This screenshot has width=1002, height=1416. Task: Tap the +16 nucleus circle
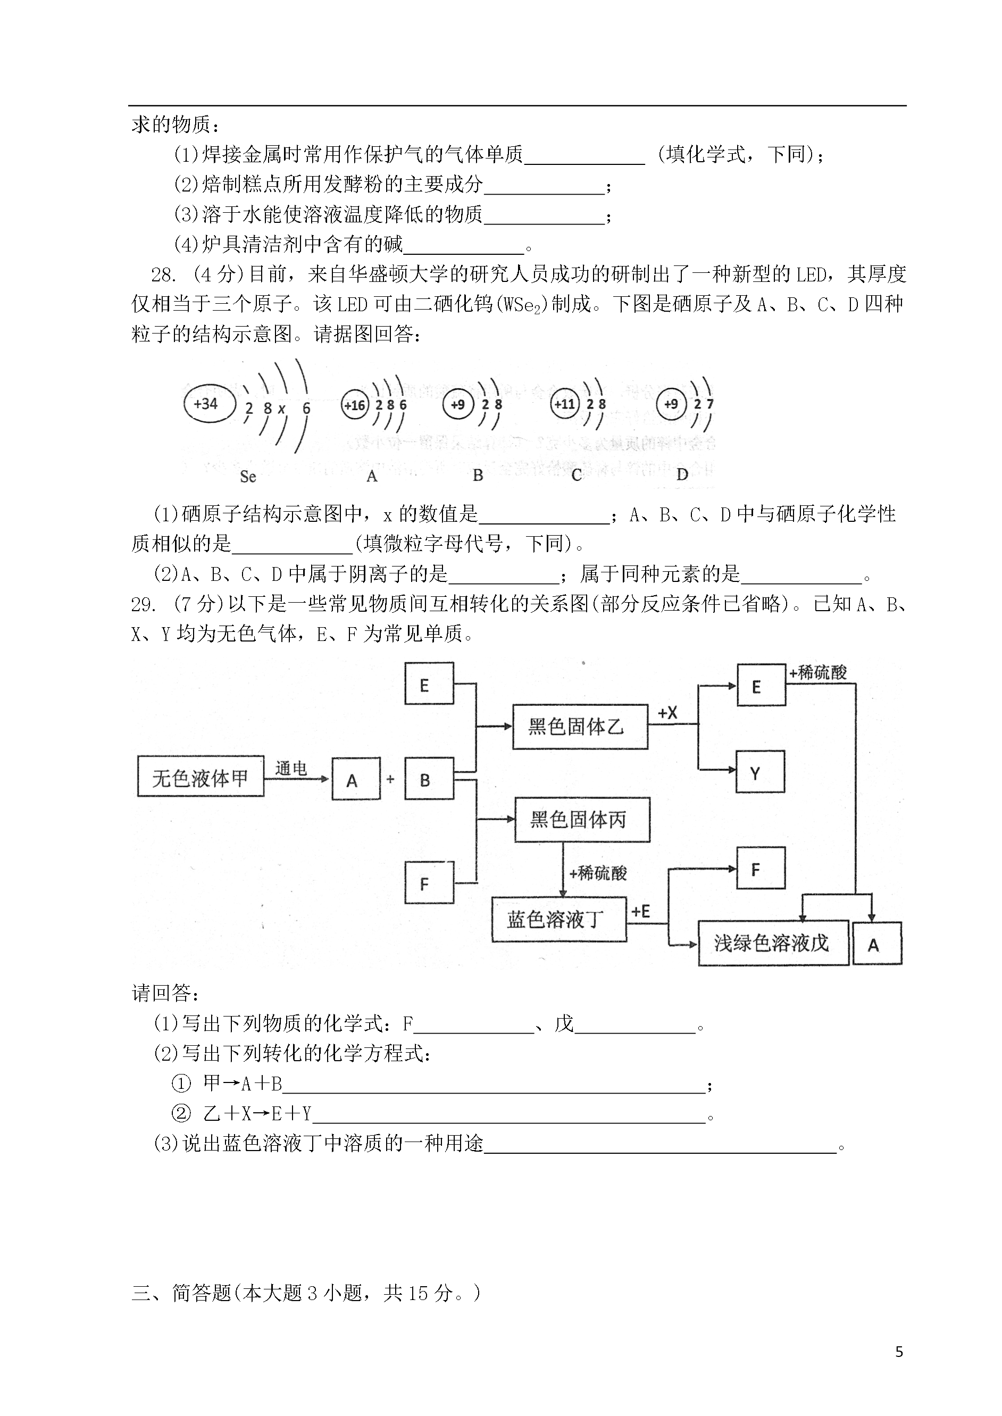click(355, 405)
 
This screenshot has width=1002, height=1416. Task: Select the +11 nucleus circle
click(564, 404)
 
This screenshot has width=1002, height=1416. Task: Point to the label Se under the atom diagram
click(247, 476)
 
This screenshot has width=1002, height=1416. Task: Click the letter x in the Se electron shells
click(282, 409)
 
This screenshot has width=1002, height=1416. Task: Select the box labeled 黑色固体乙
click(580, 727)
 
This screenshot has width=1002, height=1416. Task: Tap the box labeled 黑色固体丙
click(582, 820)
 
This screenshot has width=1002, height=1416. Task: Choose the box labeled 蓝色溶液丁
click(558, 920)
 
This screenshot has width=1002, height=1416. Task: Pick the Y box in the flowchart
click(760, 772)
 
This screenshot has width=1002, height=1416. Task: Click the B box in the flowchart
click(429, 779)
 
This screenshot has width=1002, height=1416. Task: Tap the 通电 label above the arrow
click(291, 768)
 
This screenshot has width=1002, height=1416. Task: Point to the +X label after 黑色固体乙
click(667, 713)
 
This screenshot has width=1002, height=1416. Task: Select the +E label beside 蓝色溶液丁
click(640, 911)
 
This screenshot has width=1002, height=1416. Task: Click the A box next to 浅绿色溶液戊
click(876, 944)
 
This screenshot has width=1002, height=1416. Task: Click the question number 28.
click(163, 274)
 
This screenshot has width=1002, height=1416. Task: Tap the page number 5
click(899, 1352)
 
